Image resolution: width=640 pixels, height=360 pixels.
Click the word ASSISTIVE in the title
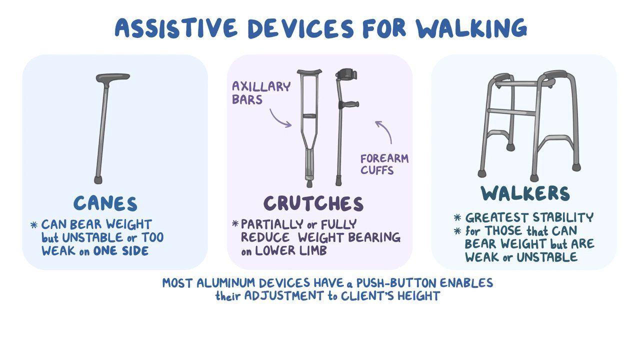tap(176, 28)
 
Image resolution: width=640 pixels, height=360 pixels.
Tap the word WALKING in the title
tap(471, 28)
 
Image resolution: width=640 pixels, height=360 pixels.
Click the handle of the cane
tap(112, 77)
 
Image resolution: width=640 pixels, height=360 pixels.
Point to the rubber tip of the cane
tap(98, 179)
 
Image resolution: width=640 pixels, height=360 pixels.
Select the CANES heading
tap(105, 203)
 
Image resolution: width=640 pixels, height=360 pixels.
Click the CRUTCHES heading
tap(313, 203)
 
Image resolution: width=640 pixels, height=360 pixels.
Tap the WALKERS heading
tap(525, 193)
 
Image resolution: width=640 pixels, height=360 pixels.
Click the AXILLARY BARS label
tap(261, 93)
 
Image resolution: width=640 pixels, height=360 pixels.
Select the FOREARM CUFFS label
tap(384, 164)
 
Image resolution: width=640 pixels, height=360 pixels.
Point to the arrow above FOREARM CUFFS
tap(385, 130)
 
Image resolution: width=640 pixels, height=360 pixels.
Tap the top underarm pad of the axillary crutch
tap(309, 72)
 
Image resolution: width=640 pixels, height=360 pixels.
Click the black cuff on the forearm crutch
tap(346, 74)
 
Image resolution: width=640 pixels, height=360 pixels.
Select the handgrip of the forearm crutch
tap(349, 104)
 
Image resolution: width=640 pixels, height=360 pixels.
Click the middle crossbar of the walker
tap(511, 111)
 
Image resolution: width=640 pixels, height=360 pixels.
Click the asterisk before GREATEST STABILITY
tap(457, 217)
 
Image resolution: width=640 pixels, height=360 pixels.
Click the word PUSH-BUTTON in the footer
tap(396, 283)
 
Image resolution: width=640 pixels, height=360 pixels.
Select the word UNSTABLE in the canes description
tap(92, 237)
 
